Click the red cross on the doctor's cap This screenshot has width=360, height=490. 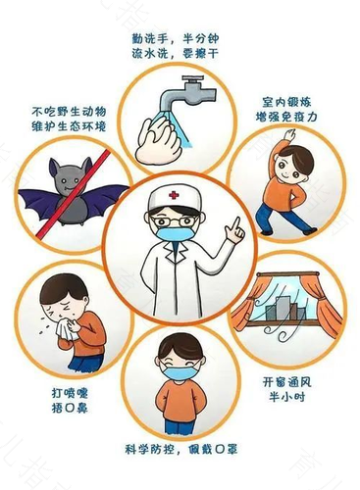point(174,195)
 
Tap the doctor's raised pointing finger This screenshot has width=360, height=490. point(236,223)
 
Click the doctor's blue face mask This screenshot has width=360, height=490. point(175,234)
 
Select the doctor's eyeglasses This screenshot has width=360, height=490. point(174,221)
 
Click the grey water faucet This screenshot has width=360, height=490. point(187,92)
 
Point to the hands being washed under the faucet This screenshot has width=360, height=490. point(159,140)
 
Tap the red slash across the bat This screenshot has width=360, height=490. point(73,193)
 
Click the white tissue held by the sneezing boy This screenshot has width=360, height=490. point(68,329)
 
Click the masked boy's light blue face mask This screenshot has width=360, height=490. point(180,372)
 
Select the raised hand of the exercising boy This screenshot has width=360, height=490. point(289,135)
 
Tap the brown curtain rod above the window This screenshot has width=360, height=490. point(287,274)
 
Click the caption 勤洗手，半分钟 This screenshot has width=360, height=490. point(176,38)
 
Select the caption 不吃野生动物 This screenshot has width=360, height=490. point(69,112)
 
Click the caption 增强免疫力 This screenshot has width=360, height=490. point(286,117)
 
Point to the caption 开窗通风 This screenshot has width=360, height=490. point(286,382)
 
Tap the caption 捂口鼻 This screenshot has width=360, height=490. point(70,408)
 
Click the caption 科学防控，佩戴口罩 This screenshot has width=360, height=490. point(180,449)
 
